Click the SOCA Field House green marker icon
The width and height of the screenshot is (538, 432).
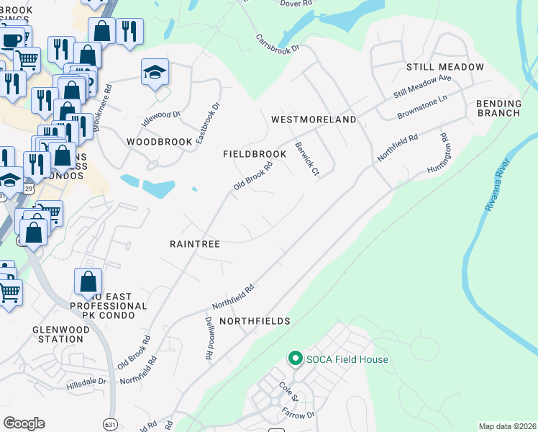[294, 358]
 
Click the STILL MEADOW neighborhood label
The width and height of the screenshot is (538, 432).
[444, 67]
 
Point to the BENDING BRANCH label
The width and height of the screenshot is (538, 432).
[498, 108]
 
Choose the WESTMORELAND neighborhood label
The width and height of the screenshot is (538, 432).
[313, 120]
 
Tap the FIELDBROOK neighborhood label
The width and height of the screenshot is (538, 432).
[255, 154]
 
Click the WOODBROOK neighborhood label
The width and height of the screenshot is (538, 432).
[159, 142]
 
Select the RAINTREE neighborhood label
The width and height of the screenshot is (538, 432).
[194, 244]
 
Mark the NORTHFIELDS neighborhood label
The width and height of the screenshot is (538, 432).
[255, 320]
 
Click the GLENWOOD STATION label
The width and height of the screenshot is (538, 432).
[58, 334]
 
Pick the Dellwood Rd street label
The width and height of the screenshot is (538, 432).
[209, 338]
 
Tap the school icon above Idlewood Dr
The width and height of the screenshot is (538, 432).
[155, 73]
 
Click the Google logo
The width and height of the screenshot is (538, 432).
[24, 423]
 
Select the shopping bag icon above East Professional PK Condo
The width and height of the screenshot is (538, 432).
[88, 282]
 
